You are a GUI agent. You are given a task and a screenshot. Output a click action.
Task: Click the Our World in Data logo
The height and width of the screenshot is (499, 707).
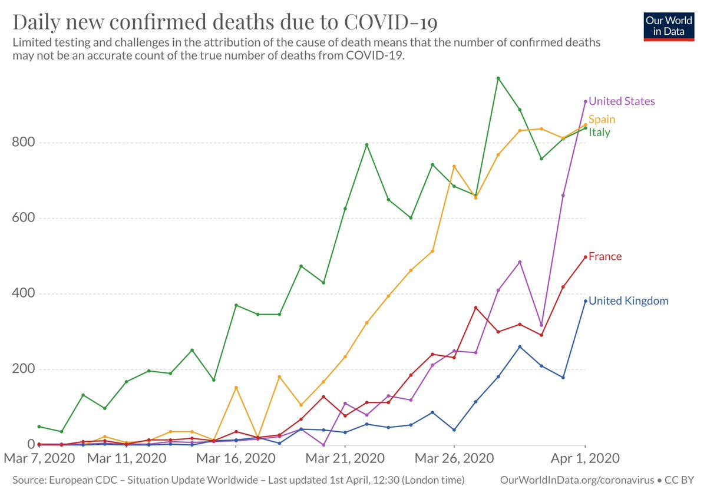[669, 25]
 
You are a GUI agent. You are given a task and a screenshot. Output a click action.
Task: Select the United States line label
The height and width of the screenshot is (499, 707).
[622, 101]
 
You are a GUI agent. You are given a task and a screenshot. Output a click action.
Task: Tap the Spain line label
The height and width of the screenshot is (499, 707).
[602, 120]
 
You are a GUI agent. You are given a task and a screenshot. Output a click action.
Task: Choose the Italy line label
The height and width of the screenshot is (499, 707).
[599, 133]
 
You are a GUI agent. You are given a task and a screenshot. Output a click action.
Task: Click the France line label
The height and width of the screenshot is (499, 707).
[605, 256]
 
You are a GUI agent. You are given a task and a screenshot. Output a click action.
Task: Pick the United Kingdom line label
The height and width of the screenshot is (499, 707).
[629, 301]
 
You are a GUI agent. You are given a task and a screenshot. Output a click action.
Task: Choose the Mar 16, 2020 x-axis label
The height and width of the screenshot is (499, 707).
[236, 458]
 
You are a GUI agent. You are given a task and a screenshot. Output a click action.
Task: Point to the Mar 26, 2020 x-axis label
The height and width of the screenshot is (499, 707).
[454, 458]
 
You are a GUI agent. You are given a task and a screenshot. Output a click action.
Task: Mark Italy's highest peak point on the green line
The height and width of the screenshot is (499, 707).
[498, 78]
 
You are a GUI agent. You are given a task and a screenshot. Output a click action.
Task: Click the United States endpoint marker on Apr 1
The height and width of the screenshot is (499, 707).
[585, 101]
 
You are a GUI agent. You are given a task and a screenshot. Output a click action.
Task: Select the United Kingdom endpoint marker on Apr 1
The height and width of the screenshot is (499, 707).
[585, 301]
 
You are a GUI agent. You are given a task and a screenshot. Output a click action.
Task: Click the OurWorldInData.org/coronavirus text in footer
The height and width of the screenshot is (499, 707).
[577, 481]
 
